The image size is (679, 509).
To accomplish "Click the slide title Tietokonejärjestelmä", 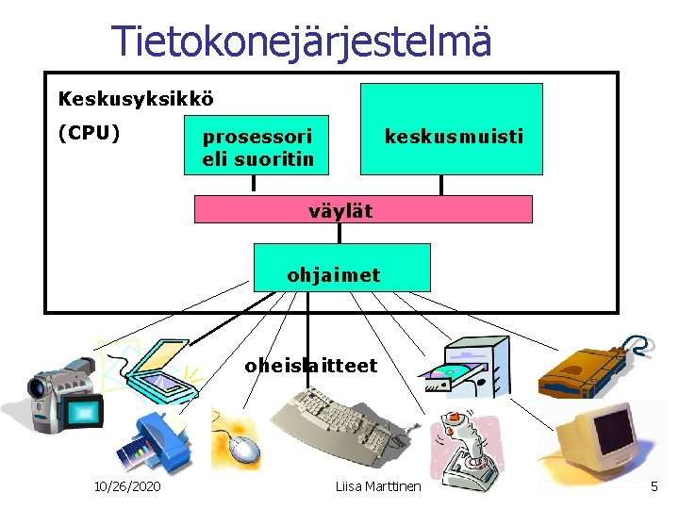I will click(x=302, y=41).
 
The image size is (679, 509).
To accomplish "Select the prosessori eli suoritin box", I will click(x=257, y=145).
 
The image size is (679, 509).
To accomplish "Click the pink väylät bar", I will click(x=363, y=209).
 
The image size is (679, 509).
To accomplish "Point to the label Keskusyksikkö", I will click(x=136, y=98).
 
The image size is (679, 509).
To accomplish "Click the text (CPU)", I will click(x=89, y=132).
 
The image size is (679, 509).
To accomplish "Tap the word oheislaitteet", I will click(x=311, y=365).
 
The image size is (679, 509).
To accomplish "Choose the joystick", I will click(x=465, y=451).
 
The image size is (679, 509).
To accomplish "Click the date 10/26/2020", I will click(x=128, y=486).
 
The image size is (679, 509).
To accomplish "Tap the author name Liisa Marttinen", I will click(x=378, y=486).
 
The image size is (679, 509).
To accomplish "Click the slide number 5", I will click(x=654, y=486).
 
